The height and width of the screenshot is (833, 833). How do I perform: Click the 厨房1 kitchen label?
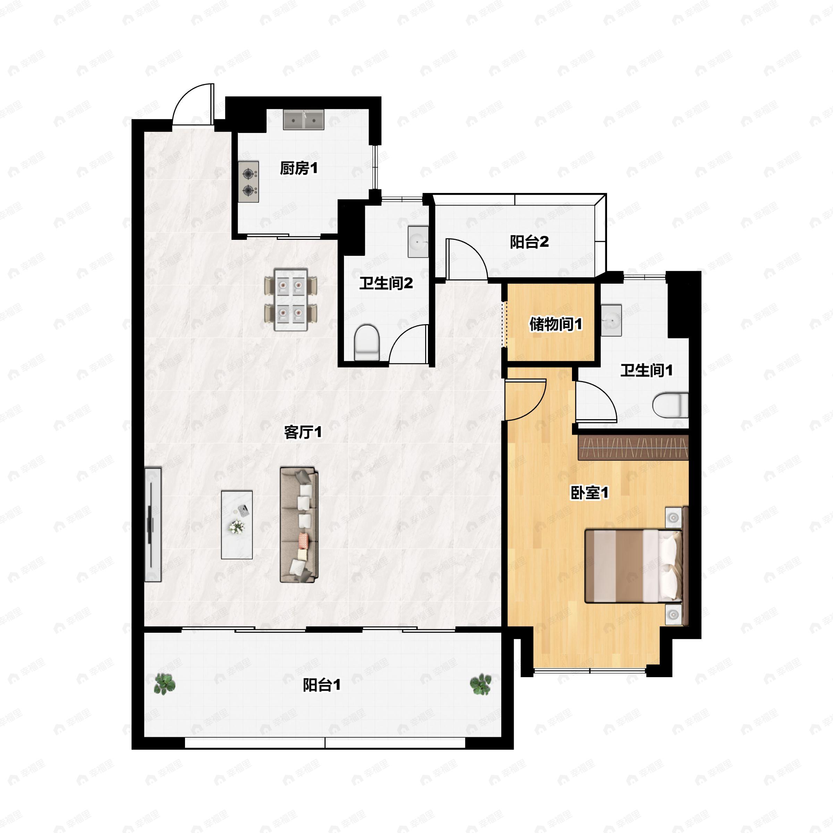click(x=298, y=168)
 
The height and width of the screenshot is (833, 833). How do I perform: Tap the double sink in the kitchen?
click(x=304, y=119)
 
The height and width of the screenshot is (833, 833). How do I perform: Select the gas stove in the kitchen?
click(x=249, y=182)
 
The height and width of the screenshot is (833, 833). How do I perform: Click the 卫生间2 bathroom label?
click(x=386, y=283)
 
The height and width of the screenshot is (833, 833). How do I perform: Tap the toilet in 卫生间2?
click(x=367, y=343)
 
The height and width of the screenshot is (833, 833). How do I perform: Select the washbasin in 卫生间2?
click(x=418, y=242)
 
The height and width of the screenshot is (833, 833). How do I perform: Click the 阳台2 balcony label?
click(x=529, y=242)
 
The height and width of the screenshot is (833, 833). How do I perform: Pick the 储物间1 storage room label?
click(x=556, y=324)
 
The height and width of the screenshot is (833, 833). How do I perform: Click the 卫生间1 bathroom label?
click(x=646, y=370)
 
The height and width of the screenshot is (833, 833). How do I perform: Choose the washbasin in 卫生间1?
click(x=611, y=320)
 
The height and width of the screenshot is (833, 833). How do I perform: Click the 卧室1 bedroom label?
click(x=589, y=493)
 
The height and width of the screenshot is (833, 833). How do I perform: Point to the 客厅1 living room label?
click(x=303, y=432)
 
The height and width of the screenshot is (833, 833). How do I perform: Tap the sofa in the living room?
click(x=299, y=525)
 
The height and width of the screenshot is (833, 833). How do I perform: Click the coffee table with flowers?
click(x=237, y=524)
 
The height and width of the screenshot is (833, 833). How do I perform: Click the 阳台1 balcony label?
click(x=322, y=685)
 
